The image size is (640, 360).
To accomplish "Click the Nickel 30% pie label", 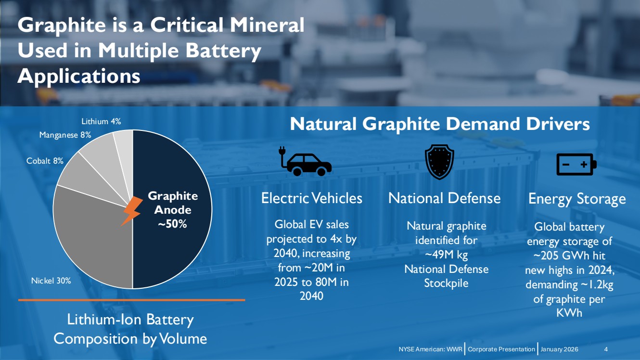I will tap(51, 281).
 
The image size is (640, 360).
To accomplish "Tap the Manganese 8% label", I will tap(65, 135).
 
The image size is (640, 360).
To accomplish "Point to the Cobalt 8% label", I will tap(45, 161).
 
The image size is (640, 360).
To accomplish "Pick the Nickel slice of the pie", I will tap(91, 241).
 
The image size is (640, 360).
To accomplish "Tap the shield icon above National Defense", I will tap(439, 162).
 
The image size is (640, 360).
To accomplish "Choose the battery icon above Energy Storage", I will tap(576, 165).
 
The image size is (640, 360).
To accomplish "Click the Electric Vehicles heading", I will tap(311, 198).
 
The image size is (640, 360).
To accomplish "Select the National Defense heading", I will tap(444, 198).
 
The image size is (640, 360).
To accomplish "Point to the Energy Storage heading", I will tap(577, 199).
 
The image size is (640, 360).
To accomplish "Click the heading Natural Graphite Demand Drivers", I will tap(439, 124).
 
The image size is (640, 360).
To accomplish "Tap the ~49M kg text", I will tap(446, 254).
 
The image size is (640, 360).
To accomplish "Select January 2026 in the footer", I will tap(559, 349).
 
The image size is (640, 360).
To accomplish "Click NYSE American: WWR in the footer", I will tap(430, 349).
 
